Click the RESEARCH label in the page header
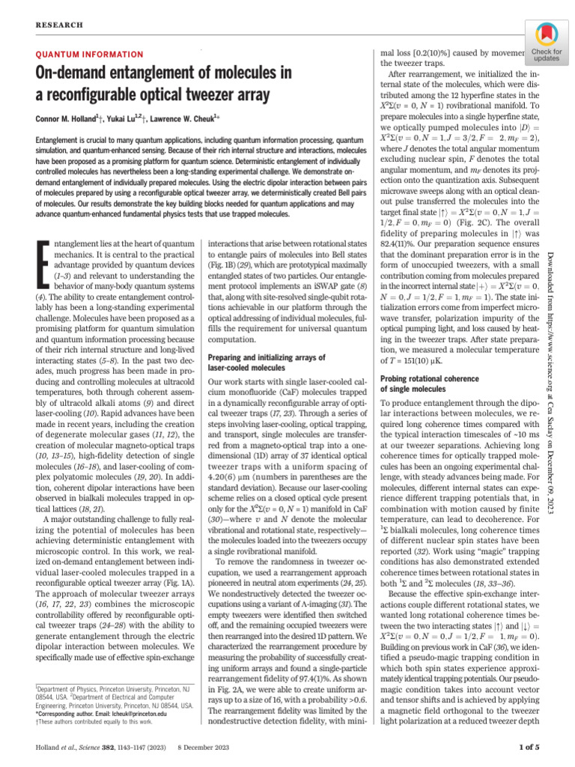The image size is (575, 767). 57,25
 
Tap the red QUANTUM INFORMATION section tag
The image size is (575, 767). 90,55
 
